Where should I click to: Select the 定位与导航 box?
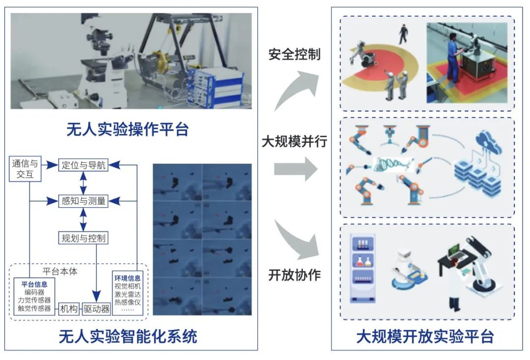(x=82, y=165)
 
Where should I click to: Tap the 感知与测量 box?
(x=82, y=201)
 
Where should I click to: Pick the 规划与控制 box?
(x=82, y=239)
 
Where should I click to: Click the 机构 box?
(x=69, y=309)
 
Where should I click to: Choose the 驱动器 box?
(x=96, y=309)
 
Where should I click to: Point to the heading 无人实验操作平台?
(x=128, y=129)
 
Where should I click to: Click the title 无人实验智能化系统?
(x=128, y=336)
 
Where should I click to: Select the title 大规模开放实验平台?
(x=424, y=337)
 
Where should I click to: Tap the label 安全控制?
(x=294, y=54)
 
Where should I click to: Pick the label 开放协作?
(x=294, y=275)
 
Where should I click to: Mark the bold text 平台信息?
(x=34, y=284)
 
